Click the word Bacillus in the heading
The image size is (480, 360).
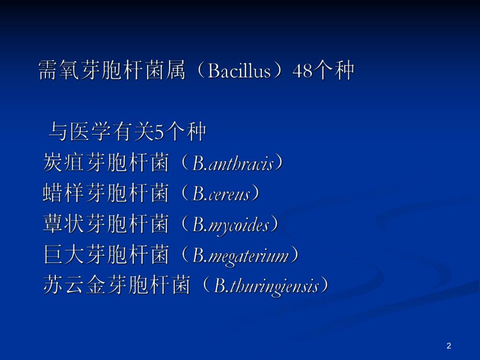tap(239, 71)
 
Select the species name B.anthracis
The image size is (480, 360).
tap(233, 164)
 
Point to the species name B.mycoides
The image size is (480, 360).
tap(231, 225)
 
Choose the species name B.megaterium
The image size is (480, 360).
tap(241, 256)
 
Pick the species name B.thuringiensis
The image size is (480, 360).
tap(266, 286)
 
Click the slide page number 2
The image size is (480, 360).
tap(449, 345)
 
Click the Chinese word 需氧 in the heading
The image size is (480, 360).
tap(59, 71)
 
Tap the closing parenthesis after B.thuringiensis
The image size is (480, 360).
tap(325, 286)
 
